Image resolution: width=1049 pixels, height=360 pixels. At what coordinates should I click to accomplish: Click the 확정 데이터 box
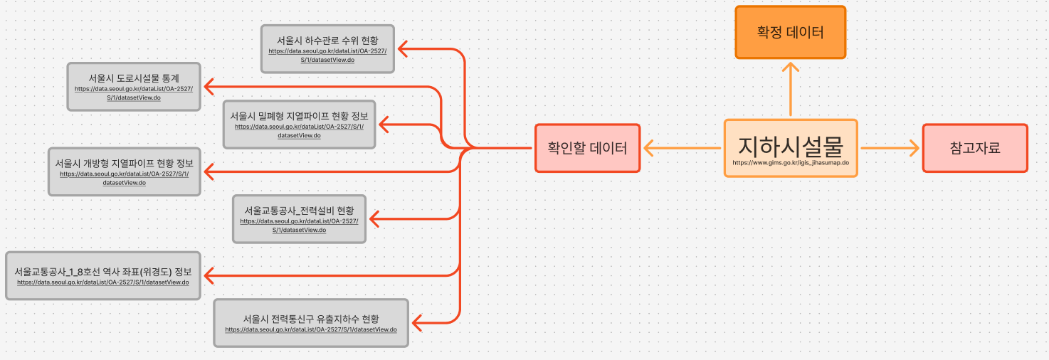[790, 32]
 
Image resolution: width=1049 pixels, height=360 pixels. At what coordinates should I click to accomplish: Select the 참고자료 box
[975, 148]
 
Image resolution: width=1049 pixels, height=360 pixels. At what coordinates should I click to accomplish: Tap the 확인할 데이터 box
[587, 148]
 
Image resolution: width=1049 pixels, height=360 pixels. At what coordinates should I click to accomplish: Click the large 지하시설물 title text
[790, 146]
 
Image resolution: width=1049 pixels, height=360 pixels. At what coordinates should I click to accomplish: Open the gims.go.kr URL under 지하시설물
[790, 163]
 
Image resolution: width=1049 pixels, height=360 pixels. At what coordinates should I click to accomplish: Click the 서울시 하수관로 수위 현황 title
[327, 40]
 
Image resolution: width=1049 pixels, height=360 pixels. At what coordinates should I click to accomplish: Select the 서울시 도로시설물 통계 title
[134, 78]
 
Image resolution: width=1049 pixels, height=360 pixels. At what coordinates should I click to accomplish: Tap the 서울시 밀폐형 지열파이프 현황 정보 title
[299, 115]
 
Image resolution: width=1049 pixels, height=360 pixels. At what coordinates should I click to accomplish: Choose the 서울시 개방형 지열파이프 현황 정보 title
[125, 163]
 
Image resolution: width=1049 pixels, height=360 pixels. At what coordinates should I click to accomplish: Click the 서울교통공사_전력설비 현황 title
[299, 211]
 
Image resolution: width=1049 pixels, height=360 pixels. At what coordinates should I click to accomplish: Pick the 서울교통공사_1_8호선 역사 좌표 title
[103, 272]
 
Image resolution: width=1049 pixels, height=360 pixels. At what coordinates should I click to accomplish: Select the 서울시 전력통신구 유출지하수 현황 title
[311, 319]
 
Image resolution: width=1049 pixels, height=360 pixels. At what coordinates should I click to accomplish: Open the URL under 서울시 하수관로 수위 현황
[327, 55]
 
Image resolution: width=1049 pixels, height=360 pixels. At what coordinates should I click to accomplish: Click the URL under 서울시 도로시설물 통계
[134, 93]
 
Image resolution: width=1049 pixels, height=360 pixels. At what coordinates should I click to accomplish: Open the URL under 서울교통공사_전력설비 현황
[299, 226]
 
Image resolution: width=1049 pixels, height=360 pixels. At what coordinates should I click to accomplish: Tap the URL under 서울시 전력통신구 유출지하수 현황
[311, 329]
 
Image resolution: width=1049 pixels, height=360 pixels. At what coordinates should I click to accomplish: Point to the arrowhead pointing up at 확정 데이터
[790, 68]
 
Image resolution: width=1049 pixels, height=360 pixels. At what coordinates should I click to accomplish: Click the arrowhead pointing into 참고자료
[914, 148]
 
